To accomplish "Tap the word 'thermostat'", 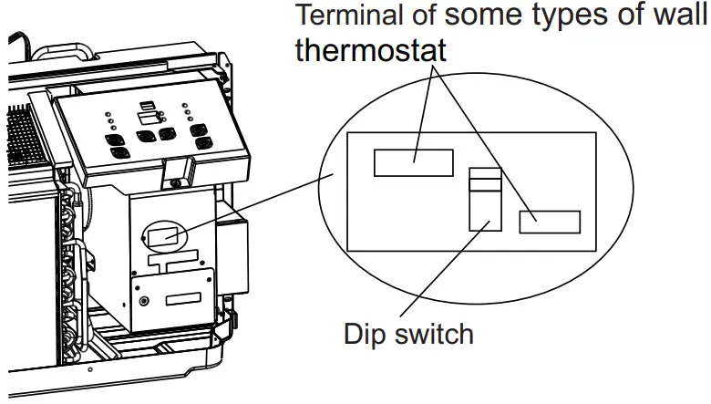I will coord(371,49).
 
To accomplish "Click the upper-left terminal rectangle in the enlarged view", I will coord(414,162).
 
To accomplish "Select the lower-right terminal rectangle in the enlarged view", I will coord(550,222).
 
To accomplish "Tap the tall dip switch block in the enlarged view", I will coord(485,200).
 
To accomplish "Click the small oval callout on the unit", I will coord(165,238).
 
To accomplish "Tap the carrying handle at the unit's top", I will coord(87,53).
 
